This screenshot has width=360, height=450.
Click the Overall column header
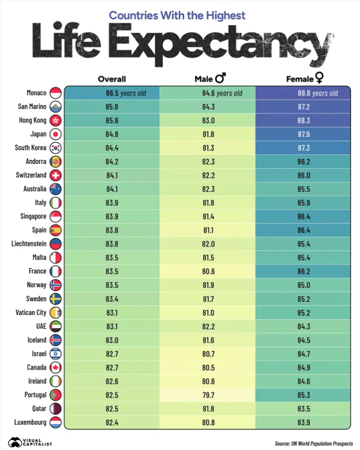[112, 79]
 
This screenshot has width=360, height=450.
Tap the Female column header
[304, 79]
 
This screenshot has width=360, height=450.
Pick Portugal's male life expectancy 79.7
[207, 394]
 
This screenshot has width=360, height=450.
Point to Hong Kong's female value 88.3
[303, 121]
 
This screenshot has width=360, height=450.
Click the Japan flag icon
[56, 134]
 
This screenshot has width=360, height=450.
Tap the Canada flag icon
[56, 367]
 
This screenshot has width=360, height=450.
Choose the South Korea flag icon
[56, 148]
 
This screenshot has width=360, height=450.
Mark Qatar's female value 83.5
[303, 408]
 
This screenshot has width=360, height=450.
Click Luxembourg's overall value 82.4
[112, 421]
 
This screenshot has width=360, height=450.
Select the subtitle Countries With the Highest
[177, 15]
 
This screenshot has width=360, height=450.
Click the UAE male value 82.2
[207, 326]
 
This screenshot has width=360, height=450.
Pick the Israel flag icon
[56, 353]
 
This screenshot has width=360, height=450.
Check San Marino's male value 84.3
[207, 107]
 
